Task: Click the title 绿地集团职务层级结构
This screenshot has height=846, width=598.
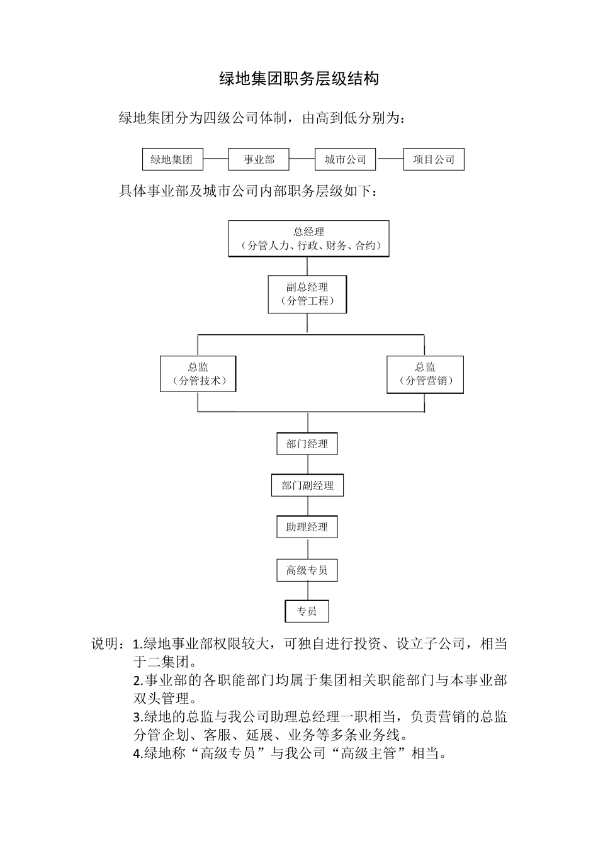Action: coord(299,79)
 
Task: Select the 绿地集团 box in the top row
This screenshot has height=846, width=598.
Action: coord(172,159)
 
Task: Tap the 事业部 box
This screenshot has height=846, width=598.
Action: coord(259,159)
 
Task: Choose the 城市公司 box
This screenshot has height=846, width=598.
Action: coord(345,159)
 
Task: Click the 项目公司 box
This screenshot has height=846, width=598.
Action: coord(433,159)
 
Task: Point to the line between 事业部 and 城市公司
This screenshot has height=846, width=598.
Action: coord(302,159)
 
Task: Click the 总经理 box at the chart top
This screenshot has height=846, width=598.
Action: coord(308,239)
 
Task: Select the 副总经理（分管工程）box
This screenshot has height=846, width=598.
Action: coord(307,294)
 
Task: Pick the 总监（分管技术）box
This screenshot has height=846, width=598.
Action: coord(198,374)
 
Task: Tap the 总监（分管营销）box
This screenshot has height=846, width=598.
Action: coord(425,375)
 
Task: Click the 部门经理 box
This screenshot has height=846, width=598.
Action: coord(307,444)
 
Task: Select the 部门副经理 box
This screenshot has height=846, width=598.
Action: coord(307,485)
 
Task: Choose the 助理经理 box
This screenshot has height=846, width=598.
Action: coord(307,527)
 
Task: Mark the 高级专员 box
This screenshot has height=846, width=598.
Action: coord(307,570)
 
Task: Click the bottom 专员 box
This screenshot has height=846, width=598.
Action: coord(307,611)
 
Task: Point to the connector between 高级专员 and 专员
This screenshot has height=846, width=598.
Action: coord(308,590)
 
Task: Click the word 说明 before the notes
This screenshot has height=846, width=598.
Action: coord(106,644)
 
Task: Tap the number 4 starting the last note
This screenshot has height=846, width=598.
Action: coord(137,753)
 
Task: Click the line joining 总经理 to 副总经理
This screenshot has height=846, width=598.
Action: coord(308,266)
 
